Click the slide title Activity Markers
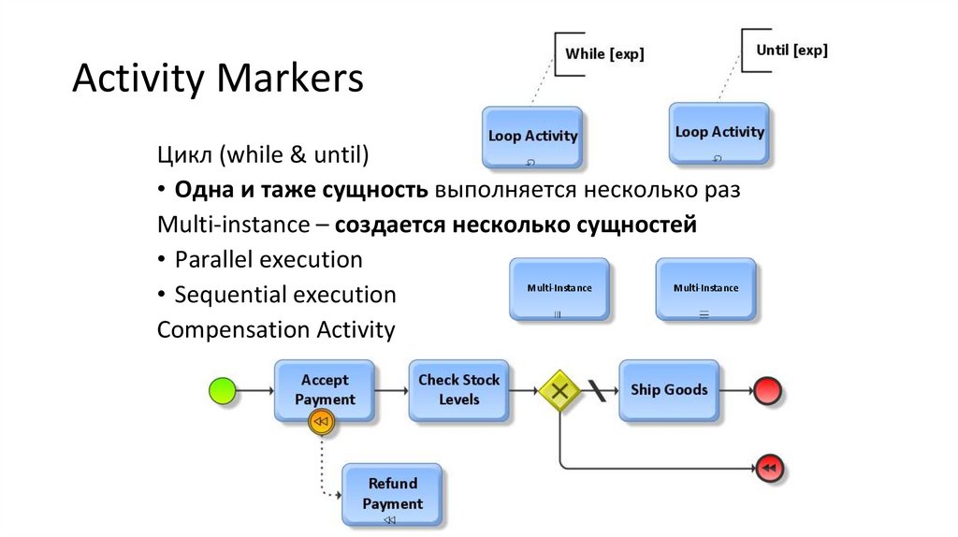pyautogui.click(x=218, y=79)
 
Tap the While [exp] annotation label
pyautogui.click(x=604, y=54)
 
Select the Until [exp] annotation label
pyautogui.click(x=791, y=51)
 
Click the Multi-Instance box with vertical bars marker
pyautogui.click(x=559, y=290)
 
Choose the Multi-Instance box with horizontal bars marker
pyautogui.click(x=705, y=290)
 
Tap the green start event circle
pyautogui.click(x=223, y=390)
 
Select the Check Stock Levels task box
pyautogui.click(x=458, y=389)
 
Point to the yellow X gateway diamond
pyautogui.click(x=559, y=390)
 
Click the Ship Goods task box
pyautogui.click(x=668, y=389)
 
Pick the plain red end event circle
pyautogui.click(x=767, y=390)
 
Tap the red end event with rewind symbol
pyautogui.click(x=768, y=466)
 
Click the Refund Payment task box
pyautogui.click(x=392, y=493)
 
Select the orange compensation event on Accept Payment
pyautogui.click(x=321, y=423)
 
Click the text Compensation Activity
pyautogui.click(x=276, y=330)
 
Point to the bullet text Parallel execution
pyautogui.click(x=268, y=259)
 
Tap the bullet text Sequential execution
pyautogui.click(x=284, y=295)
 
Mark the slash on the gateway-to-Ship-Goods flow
pyautogui.click(x=596, y=390)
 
